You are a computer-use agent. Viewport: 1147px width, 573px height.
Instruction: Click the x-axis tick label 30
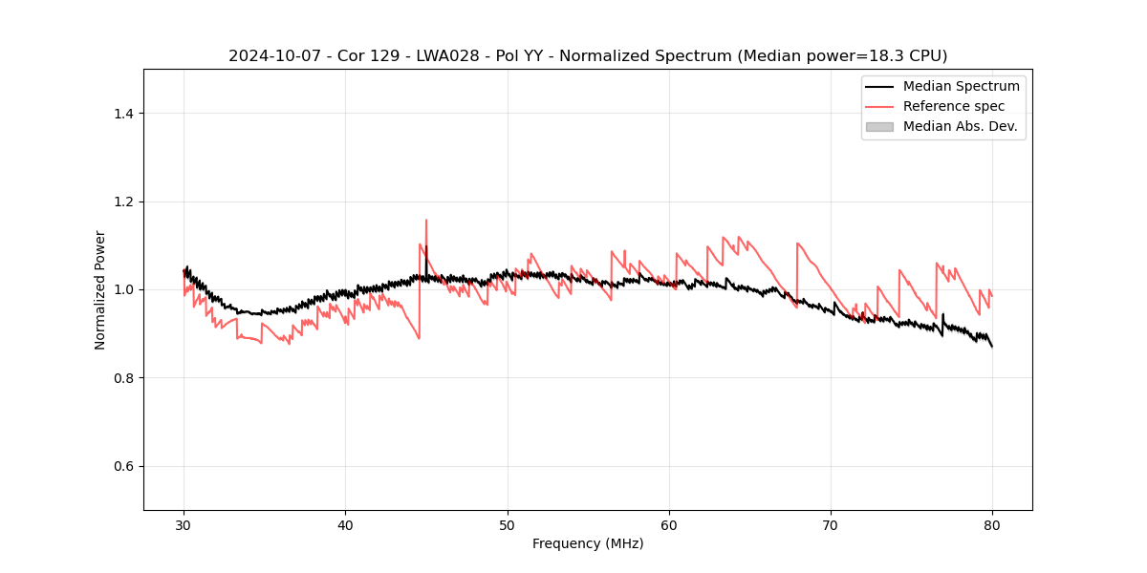[x=184, y=524]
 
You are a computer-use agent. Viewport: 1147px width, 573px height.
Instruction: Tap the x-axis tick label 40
[x=345, y=524]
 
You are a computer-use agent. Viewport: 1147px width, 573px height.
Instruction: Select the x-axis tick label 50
[x=507, y=524]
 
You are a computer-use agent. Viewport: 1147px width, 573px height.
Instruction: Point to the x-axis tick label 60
[x=669, y=524]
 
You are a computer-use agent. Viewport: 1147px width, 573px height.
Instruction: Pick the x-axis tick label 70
[x=831, y=524]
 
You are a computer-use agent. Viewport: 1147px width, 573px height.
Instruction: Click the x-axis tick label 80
[x=992, y=524]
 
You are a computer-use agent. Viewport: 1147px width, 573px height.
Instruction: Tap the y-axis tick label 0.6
[x=122, y=466]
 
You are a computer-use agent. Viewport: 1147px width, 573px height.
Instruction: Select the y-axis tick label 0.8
[x=122, y=378]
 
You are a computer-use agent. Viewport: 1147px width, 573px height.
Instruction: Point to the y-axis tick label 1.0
[x=122, y=289]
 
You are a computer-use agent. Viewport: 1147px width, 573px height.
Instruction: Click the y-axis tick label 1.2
[x=122, y=202]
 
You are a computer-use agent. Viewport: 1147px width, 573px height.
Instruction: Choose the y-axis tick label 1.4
[x=122, y=114]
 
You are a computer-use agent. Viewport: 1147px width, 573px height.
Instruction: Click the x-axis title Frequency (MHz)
[x=588, y=543]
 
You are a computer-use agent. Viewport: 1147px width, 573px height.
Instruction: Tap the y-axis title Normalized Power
[x=99, y=289]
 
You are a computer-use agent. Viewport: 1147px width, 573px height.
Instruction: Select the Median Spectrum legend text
[x=961, y=86]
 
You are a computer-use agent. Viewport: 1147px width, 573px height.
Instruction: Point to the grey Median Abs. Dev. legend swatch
[x=879, y=126]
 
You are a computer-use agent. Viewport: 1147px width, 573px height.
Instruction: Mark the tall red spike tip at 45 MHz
[x=426, y=220]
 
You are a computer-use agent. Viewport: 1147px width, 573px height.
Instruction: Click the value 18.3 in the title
[x=864, y=56]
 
